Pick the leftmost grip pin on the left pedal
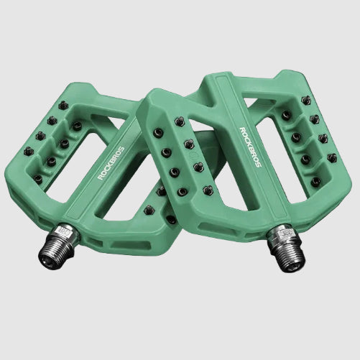click(29, 151)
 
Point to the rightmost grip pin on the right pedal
click(331, 157)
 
